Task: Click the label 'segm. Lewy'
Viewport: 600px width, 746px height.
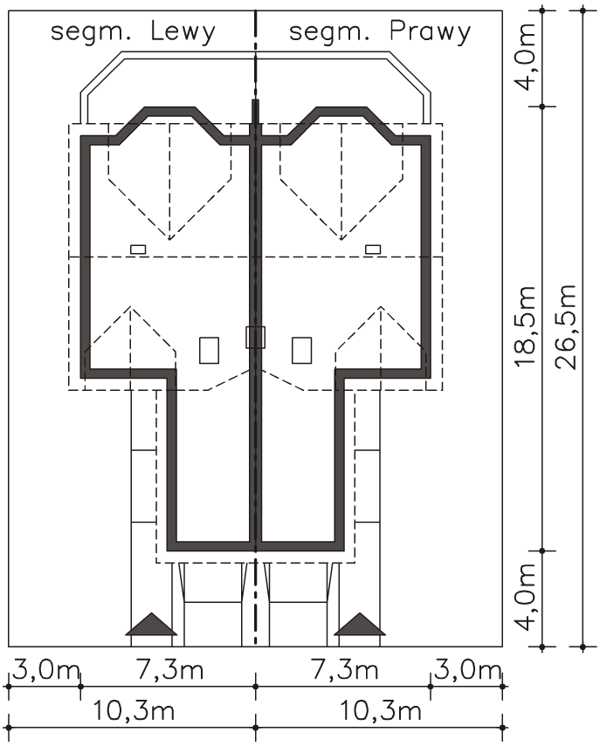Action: click(133, 33)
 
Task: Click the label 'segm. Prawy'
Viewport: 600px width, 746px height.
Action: click(380, 33)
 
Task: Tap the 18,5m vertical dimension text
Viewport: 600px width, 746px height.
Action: click(527, 327)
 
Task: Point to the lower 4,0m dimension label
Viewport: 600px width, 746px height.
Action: click(527, 597)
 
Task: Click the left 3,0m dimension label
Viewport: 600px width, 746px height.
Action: click(45, 670)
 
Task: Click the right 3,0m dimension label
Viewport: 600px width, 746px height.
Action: click(466, 670)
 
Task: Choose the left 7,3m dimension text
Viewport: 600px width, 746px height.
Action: click(170, 670)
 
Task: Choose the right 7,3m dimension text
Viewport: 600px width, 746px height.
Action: click(345, 670)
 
